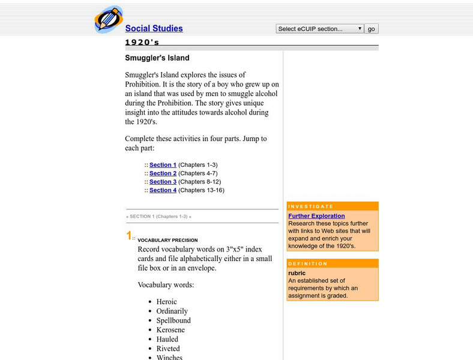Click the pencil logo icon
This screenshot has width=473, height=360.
109,19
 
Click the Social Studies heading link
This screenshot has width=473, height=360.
154,28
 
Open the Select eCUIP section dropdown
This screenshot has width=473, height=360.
319,29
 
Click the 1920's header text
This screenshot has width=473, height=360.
142,43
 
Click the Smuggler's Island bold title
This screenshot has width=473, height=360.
157,58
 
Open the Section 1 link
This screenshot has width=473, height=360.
163,165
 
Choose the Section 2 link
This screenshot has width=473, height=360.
163,173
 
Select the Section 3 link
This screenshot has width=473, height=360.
163,182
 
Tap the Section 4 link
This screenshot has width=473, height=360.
163,190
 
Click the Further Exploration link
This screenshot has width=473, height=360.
316,216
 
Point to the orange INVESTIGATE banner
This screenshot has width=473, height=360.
333,206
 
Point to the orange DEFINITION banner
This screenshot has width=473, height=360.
333,263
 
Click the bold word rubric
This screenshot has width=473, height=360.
297,273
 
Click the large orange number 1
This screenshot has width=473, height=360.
128,236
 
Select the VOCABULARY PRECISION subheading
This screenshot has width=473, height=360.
167,241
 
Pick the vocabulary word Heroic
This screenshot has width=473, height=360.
166,302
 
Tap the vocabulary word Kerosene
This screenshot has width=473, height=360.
170,330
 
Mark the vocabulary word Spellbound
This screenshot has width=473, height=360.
173,320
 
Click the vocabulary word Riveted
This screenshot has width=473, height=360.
168,349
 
